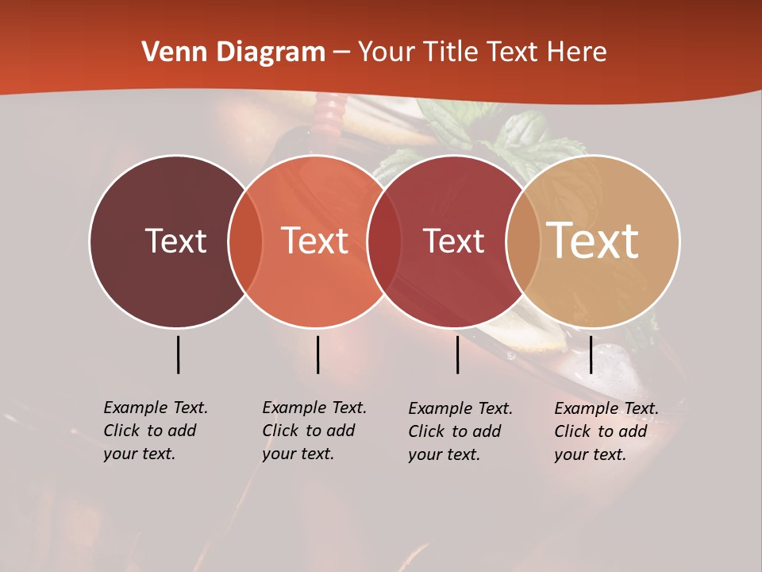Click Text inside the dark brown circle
click(x=175, y=241)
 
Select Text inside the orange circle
click(x=315, y=241)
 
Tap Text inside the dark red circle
click(x=453, y=241)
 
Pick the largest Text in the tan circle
click(x=593, y=241)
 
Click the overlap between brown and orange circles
click(x=245, y=242)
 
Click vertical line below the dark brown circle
click(x=178, y=354)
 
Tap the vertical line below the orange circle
click(x=317, y=354)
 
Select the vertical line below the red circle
click(x=457, y=354)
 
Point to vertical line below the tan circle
click(x=591, y=354)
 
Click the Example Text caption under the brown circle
click(x=156, y=431)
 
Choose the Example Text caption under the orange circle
click(x=314, y=431)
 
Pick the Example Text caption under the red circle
click(x=460, y=431)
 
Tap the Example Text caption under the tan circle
click(x=606, y=431)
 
